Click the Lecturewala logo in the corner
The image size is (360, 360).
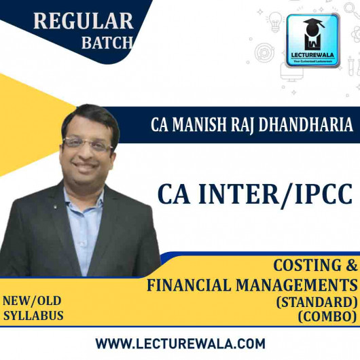pyautogui.click(x=313, y=41)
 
